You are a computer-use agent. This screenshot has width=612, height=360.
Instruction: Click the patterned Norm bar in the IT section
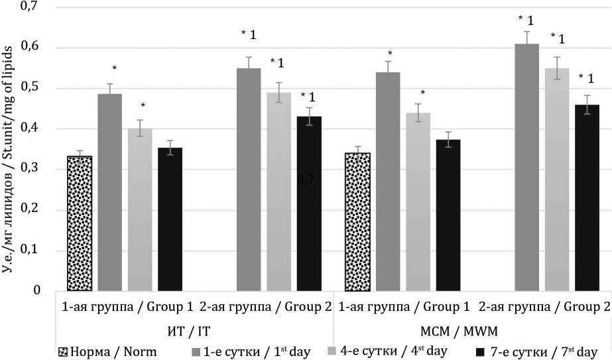80,223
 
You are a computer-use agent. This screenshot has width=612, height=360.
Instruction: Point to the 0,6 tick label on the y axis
30,47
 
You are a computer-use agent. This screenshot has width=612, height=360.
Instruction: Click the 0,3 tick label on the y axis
30,169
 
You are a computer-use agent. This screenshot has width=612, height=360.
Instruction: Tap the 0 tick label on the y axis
37,291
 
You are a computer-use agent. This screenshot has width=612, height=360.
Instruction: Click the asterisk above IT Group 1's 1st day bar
114,69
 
